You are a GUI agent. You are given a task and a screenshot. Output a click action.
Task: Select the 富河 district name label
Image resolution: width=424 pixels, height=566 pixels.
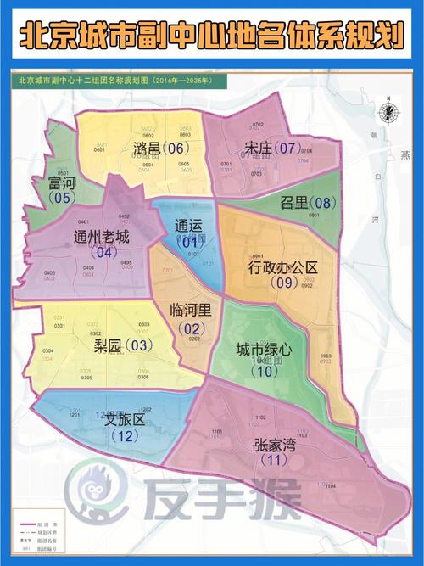(x=62, y=183)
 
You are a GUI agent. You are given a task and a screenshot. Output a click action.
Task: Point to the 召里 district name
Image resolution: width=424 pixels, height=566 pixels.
(x=293, y=203)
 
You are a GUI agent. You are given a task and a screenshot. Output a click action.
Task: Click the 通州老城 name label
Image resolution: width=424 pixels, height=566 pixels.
(x=102, y=237)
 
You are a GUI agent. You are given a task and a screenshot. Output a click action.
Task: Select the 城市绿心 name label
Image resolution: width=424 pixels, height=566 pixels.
(x=264, y=349)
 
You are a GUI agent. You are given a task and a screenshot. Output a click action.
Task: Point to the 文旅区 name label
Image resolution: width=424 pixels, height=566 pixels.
(x=126, y=420)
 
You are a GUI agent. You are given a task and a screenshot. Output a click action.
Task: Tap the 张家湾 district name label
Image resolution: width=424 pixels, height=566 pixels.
(x=274, y=444)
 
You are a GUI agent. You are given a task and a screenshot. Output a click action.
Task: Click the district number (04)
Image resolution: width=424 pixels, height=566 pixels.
(x=106, y=252)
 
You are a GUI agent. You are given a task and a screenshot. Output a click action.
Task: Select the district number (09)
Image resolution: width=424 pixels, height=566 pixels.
(x=282, y=283)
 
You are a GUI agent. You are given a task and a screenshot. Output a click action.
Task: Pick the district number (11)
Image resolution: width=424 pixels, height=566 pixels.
(x=272, y=461)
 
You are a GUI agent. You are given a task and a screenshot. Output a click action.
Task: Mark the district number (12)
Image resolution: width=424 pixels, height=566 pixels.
(x=125, y=436)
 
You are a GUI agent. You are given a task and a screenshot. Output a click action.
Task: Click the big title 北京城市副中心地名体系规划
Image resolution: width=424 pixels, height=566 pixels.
(x=211, y=36)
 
